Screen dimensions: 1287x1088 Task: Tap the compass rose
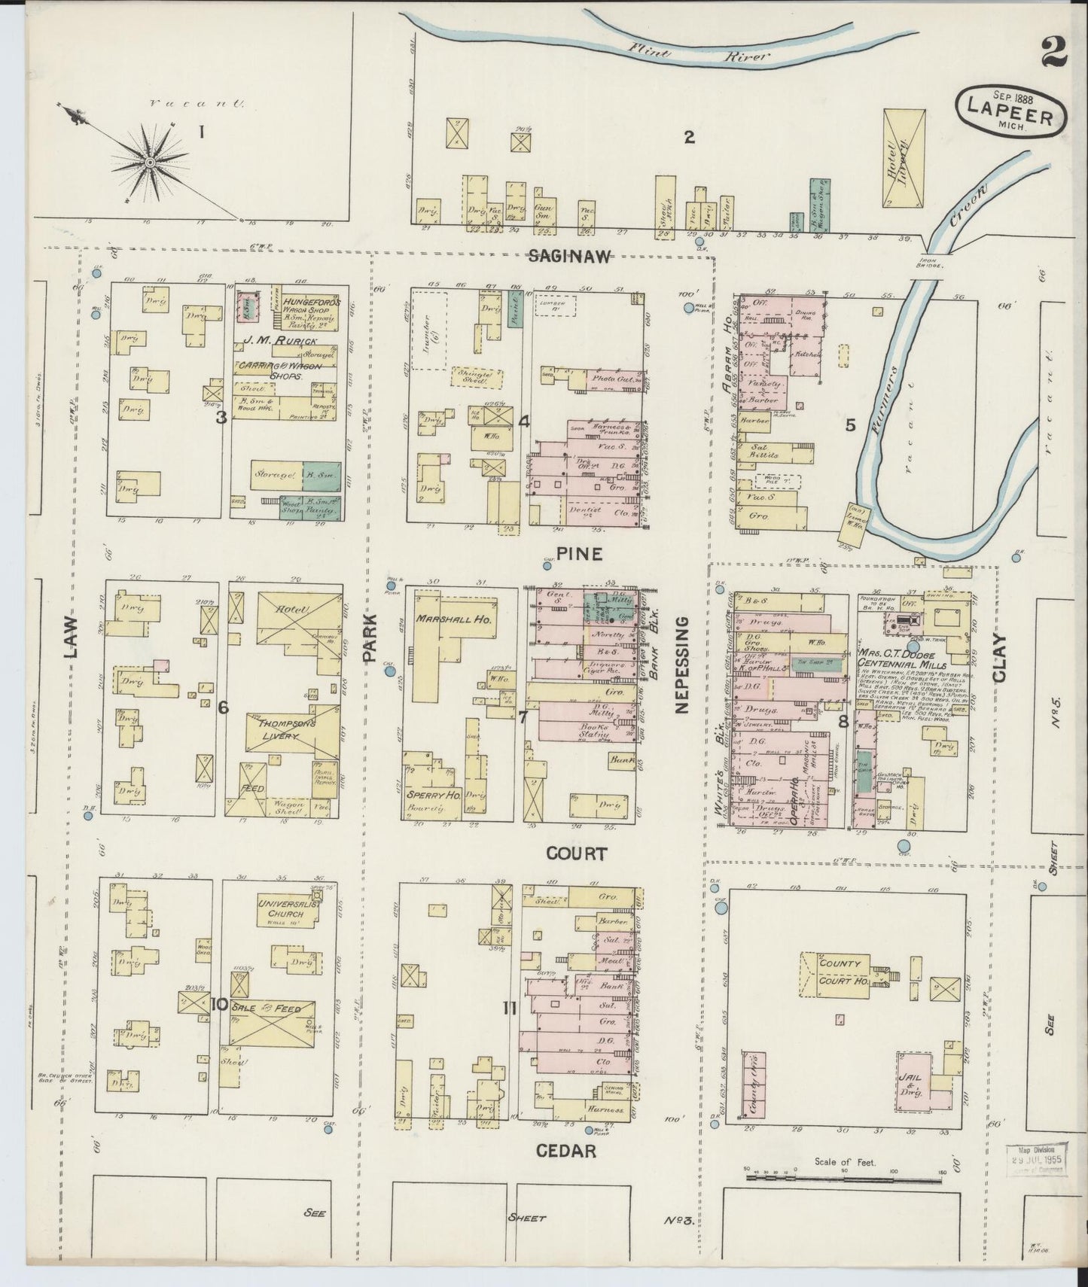click(150, 161)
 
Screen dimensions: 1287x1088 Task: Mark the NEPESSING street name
click(682, 665)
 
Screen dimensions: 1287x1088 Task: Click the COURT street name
click(576, 853)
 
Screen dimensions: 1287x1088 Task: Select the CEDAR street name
click(566, 1150)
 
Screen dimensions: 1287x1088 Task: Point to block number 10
click(219, 1004)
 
